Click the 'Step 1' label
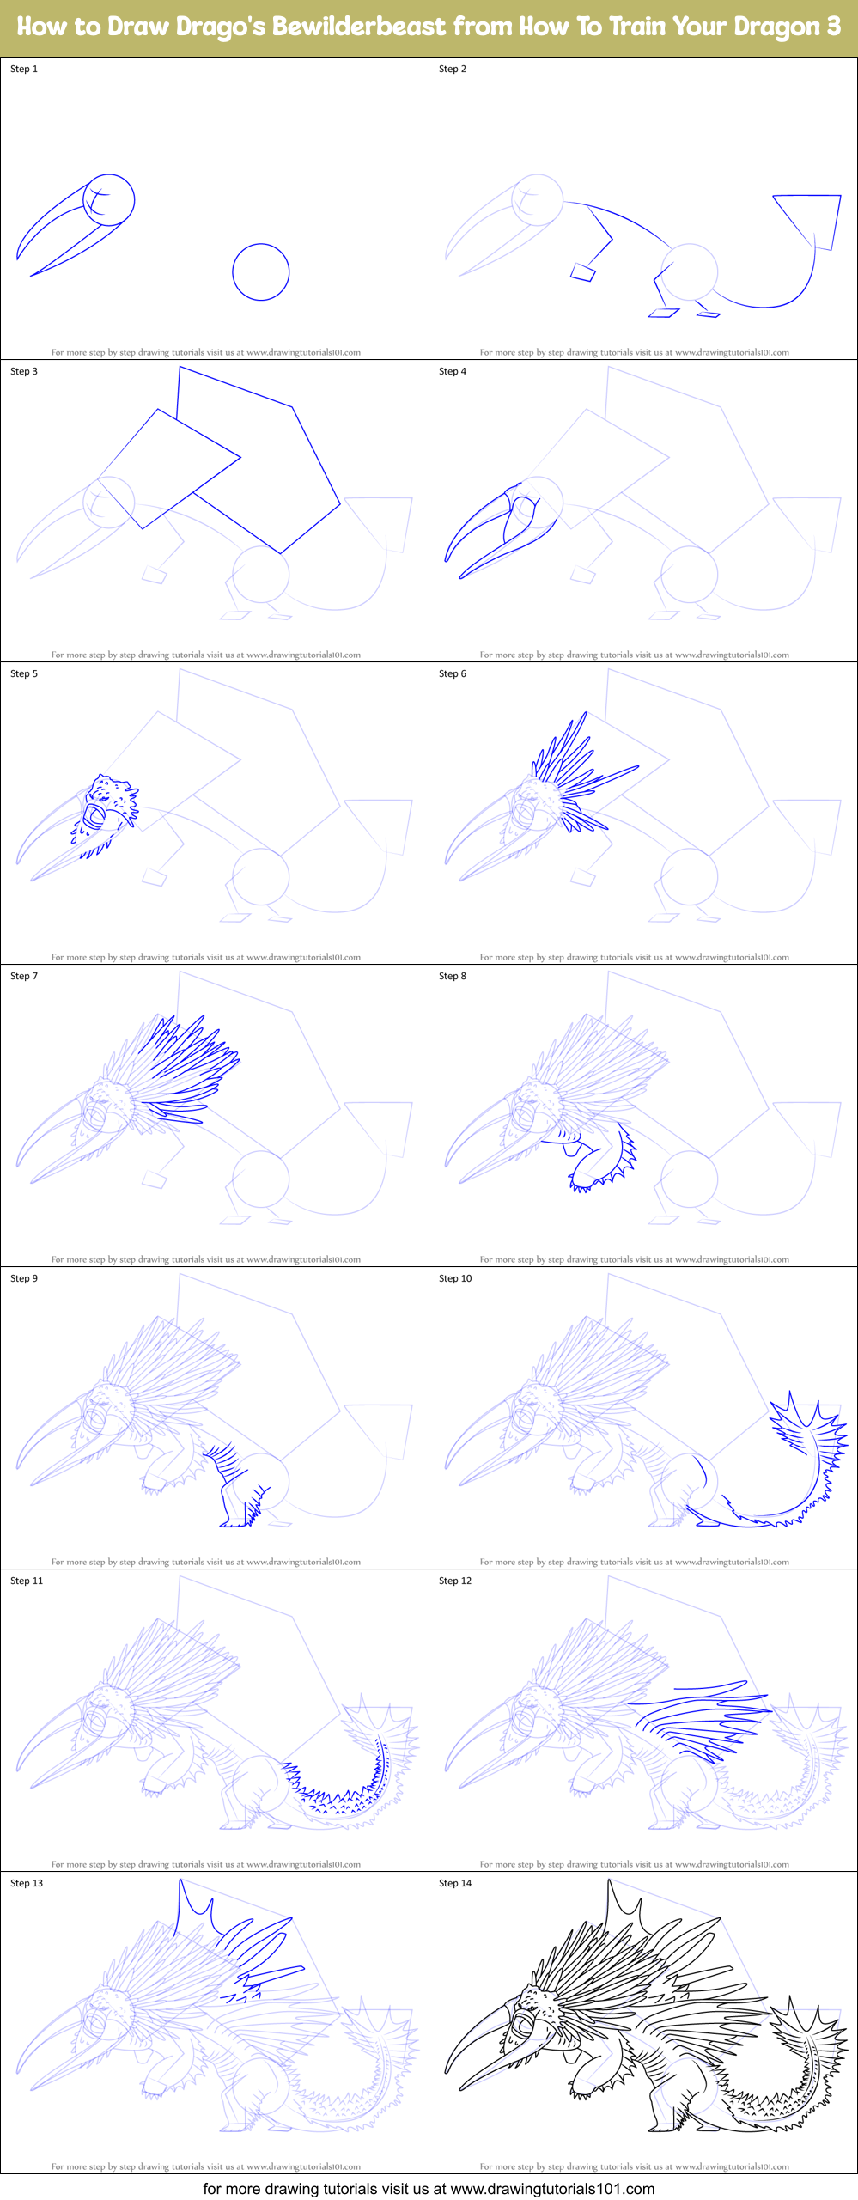[24, 69]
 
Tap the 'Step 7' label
[24, 976]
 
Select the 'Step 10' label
[455, 1278]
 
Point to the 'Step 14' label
[455, 1883]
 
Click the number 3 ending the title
[833, 27]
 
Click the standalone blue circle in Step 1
[260, 272]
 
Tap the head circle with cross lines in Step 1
[109, 200]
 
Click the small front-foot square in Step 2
[583, 272]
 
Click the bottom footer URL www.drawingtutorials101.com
[552, 2188]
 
